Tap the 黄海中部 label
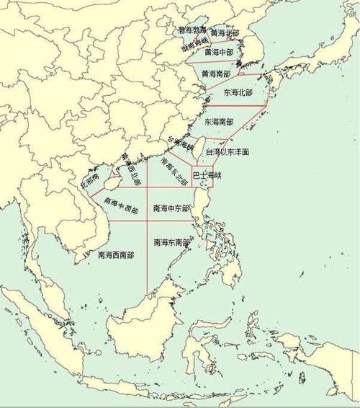pos(218,53)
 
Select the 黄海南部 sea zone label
pos(216,74)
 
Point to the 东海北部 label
pos(238,93)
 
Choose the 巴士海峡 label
pos(207,175)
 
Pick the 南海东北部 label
pos(174,171)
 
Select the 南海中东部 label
pos(171,208)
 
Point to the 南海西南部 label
pos(116,254)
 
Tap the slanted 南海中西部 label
pos(120,205)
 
